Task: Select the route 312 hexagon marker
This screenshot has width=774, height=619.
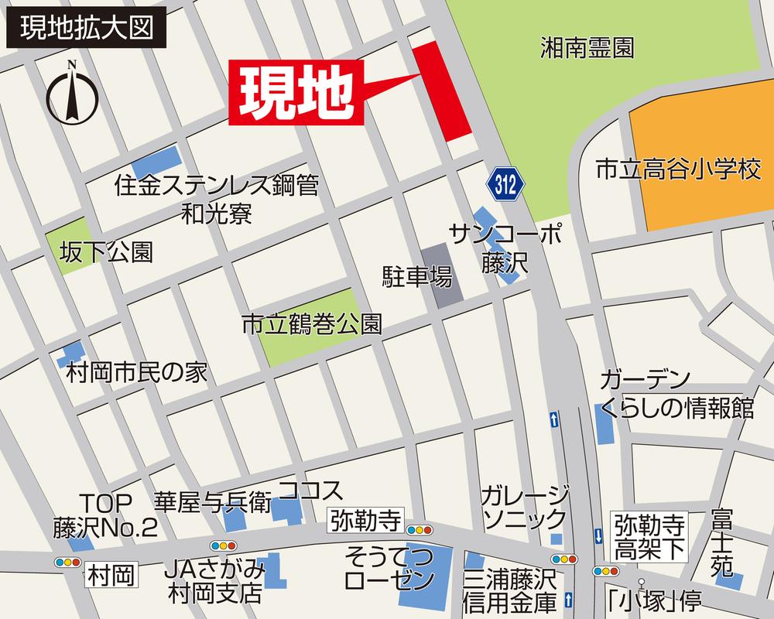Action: point(506,183)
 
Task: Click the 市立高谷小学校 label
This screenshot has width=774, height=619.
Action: point(678,170)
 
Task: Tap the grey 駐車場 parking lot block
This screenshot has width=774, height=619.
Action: point(441,275)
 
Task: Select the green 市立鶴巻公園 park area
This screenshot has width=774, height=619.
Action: point(310,329)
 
